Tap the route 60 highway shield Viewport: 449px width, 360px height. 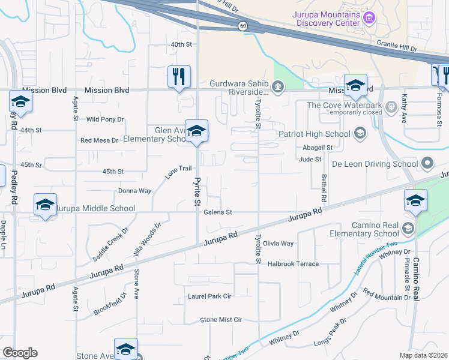pos(242,26)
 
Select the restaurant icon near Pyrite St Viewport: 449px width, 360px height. pos(179,76)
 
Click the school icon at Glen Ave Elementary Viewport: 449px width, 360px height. pos(196,131)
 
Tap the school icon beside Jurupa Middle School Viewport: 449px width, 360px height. pos(46,205)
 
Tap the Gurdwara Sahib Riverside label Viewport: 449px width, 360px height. pos(238,88)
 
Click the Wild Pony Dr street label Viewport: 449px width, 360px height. pos(105,119)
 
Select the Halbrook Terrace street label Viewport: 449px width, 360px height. pos(293,264)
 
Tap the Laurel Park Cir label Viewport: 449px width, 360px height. pos(209,296)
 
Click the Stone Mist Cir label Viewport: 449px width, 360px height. pos(220,320)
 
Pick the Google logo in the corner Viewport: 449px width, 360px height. pos(20,353)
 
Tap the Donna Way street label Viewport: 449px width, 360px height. pos(134,191)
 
